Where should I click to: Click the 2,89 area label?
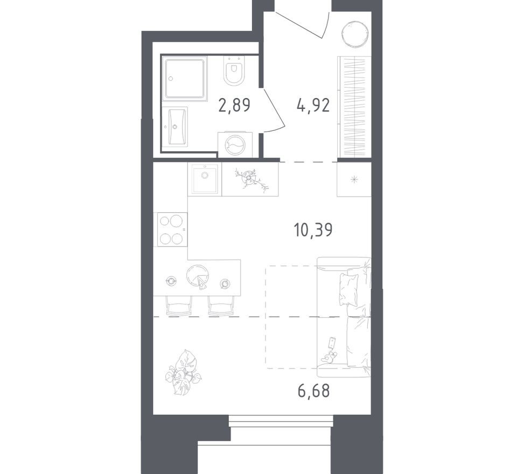(x=234, y=104)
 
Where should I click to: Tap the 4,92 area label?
(x=313, y=104)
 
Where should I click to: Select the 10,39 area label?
(x=313, y=230)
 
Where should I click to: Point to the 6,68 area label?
(x=313, y=389)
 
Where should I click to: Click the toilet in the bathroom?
(x=234, y=72)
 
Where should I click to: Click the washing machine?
(x=235, y=144)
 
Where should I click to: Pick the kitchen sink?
(x=205, y=179)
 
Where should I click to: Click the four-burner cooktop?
(x=170, y=229)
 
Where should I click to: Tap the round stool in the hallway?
(x=354, y=34)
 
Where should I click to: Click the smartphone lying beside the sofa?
(x=332, y=343)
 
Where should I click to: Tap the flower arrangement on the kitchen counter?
(x=250, y=179)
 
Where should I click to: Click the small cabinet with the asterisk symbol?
(x=354, y=179)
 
